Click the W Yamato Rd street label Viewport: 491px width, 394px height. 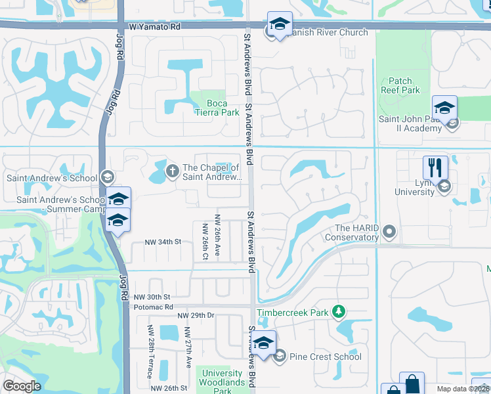154,28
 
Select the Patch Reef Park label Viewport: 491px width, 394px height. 400,85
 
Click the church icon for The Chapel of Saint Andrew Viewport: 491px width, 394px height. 173,171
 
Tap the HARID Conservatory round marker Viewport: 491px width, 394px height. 390,230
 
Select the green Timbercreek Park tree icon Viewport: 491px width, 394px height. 339,311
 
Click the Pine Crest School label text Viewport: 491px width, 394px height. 326,357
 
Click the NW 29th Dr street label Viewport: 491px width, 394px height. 196,316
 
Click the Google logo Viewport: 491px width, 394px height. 22,386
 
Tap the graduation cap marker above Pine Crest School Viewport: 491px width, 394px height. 264,343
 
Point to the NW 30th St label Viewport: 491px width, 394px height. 153,297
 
